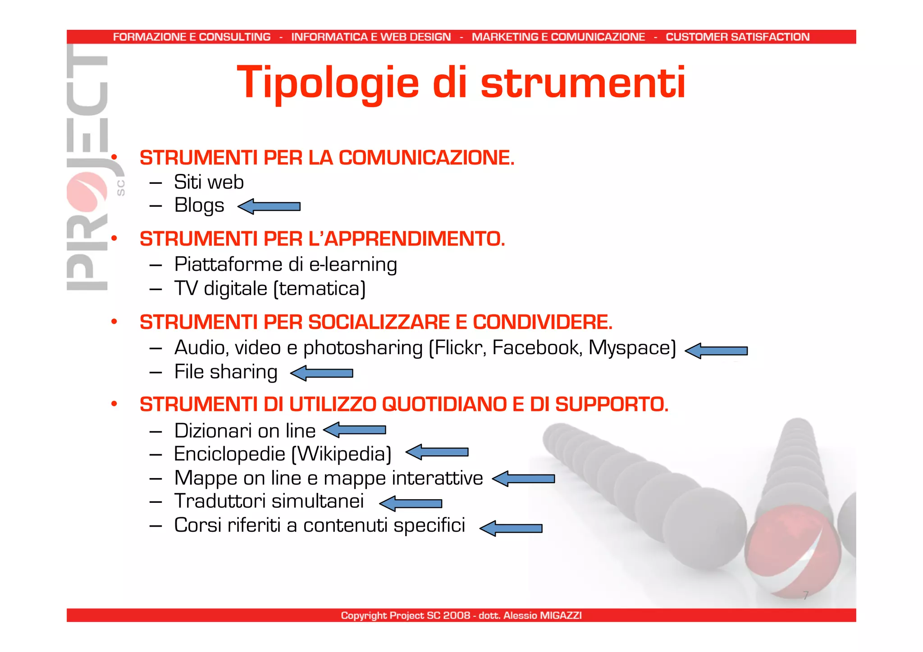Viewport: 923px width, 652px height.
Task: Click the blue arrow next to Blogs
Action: coord(269,206)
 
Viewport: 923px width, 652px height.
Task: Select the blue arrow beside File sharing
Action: coord(321,373)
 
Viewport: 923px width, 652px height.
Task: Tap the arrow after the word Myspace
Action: coord(716,351)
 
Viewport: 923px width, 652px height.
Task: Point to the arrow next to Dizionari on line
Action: coord(355,430)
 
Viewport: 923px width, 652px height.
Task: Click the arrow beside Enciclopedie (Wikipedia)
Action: coord(437,452)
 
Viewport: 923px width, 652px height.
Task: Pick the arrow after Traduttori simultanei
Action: coord(411,503)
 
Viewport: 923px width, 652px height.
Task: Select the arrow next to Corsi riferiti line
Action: coord(511,528)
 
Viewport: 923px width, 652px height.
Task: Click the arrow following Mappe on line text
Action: coord(523,479)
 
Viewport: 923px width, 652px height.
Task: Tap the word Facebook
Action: coord(536,348)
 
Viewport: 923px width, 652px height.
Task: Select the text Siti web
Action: coord(209,182)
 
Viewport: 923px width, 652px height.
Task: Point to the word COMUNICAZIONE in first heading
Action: coord(425,158)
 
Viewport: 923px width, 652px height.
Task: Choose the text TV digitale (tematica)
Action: coord(270,289)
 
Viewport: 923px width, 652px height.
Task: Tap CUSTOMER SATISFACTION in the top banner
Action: coord(737,37)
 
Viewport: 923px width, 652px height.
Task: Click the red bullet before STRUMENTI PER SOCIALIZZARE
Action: coord(114,322)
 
